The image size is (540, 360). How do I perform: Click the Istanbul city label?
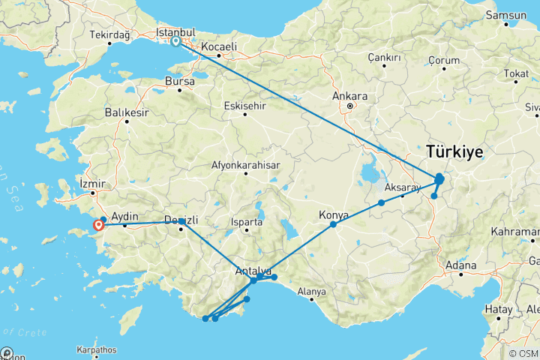(x=175, y=33)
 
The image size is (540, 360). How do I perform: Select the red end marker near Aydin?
(x=98, y=224)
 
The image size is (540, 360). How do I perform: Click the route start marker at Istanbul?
(x=175, y=42)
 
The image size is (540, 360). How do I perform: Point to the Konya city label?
(x=334, y=215)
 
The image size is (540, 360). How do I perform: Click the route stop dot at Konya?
(x=333, y=224)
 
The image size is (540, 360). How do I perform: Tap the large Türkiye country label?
(x=454, y=151)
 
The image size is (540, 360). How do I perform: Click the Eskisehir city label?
(x=244, y=106)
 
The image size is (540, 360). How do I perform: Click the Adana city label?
(x=460, y=265)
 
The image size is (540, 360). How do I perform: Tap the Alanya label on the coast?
(x=311, y=291)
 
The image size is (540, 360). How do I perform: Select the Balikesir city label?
(x=126, y=112)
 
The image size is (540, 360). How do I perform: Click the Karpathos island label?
(x=96, y=350)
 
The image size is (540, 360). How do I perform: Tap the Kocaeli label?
(x=218, y=46)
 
